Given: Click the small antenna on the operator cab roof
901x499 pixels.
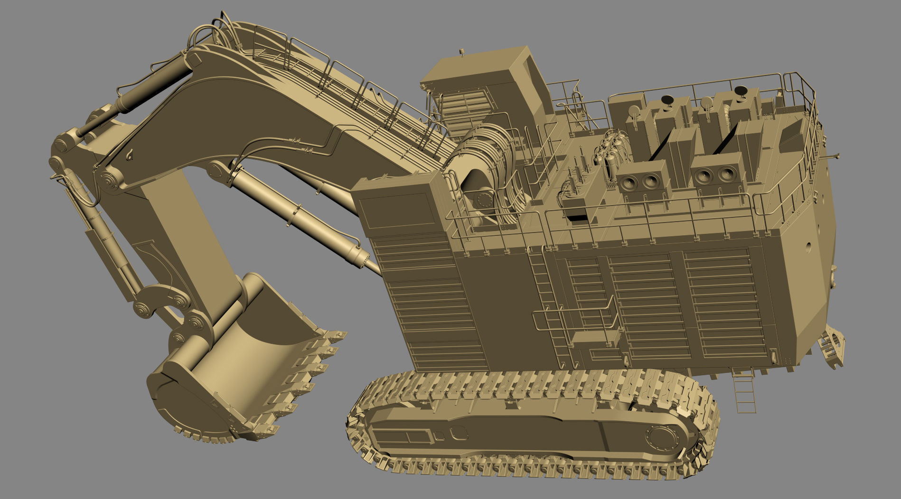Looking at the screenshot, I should click(461, 51).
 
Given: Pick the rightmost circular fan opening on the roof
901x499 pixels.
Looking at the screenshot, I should click(725, 175).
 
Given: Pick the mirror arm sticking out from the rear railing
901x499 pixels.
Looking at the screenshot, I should click(831, 156).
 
